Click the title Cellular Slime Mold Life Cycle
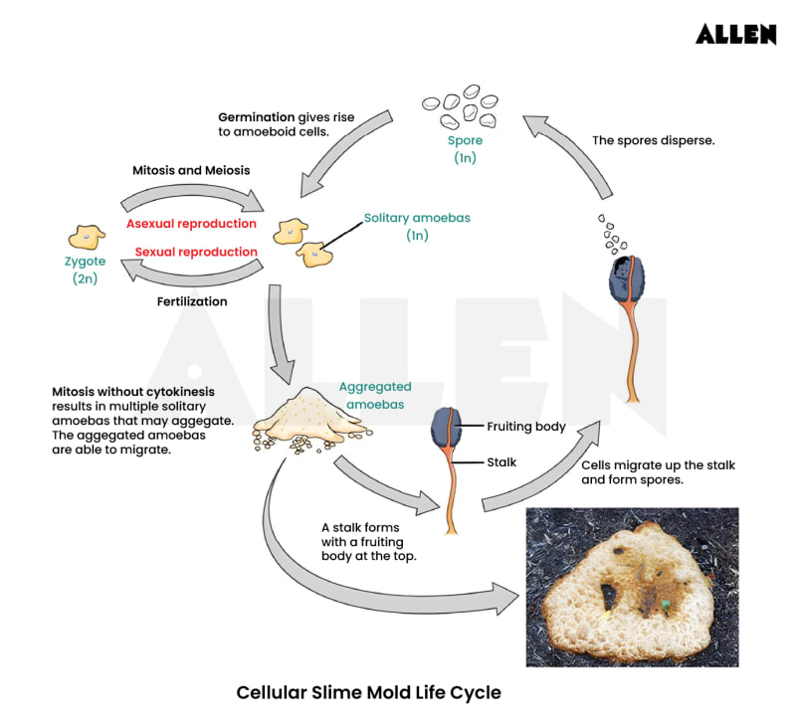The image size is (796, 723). point(368,691)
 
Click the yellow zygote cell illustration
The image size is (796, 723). point(87,237)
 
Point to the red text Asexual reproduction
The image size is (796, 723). point(191,224)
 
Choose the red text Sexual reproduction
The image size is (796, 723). point(196,252)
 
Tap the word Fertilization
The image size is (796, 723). point(192,300)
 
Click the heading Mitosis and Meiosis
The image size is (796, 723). point(191,170)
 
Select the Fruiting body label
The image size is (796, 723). point(525,427)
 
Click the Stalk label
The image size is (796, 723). point(501,461)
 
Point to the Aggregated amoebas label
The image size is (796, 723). point(374,396)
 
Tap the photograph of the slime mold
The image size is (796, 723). point(631,587)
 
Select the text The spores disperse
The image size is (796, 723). point(653,141)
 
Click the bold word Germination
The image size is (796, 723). point(257,116)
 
